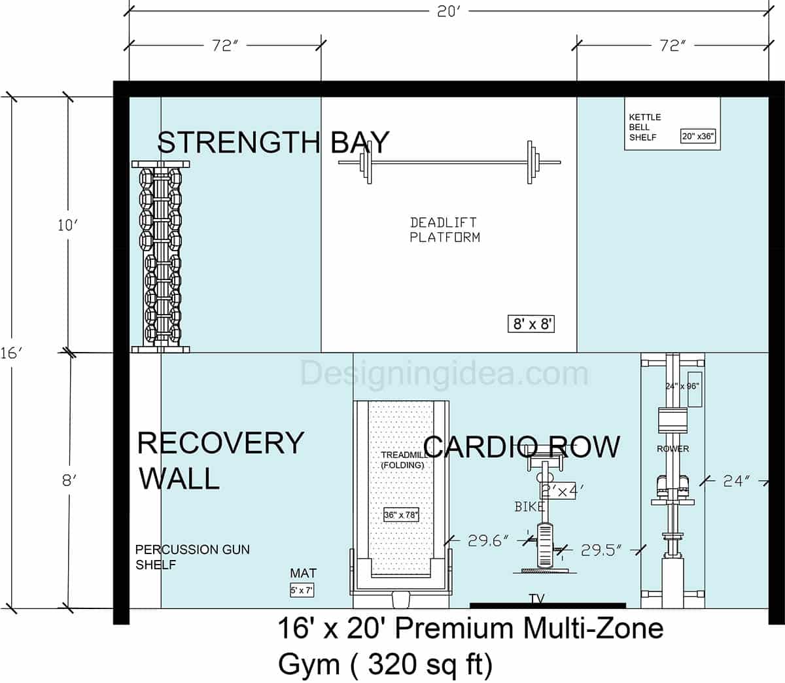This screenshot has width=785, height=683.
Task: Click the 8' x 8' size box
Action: click(531, 324)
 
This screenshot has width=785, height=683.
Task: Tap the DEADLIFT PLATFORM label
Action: click(445, 230)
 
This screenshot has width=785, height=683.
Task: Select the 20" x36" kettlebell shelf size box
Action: click(698, 136)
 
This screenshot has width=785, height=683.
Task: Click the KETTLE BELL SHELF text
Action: click(645, 127)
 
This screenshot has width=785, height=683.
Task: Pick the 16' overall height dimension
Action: click(11, 353)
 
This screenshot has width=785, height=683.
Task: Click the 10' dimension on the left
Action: click(67, 225)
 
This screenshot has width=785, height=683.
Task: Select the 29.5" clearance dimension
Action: click(601, 550)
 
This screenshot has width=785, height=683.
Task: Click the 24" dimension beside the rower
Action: click(737, 481)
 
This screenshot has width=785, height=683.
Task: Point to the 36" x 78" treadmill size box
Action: click(401, 515)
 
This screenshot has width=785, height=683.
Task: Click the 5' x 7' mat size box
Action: click(302, 590)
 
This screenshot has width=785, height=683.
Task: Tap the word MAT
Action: click(303, 574)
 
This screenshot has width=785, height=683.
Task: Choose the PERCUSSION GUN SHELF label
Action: click(192, 557)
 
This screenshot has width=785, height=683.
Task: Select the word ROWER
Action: click(672, 449)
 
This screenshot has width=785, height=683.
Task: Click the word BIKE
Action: click(529, 506)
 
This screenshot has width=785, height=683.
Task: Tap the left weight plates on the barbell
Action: click(364, 162)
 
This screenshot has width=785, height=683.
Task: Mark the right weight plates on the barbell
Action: click(531, 162)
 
